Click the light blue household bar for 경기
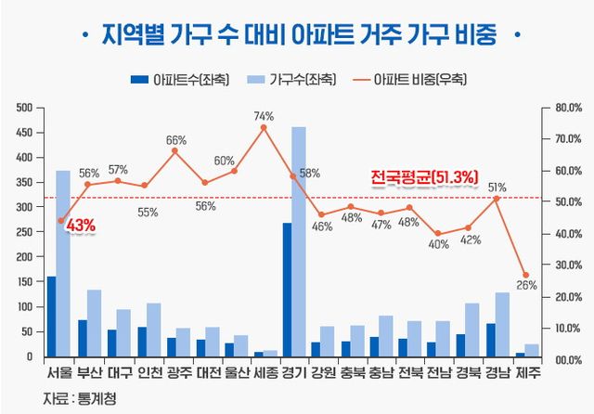point(299,241)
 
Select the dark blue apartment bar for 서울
point(50,316)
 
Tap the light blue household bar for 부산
point(95,323)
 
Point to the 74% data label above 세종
point(264,116)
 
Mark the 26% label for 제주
point(527,286)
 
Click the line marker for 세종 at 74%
point(263,127)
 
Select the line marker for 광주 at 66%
point(175,150)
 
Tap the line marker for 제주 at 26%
point(525,275)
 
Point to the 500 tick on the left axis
point(24,108)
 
